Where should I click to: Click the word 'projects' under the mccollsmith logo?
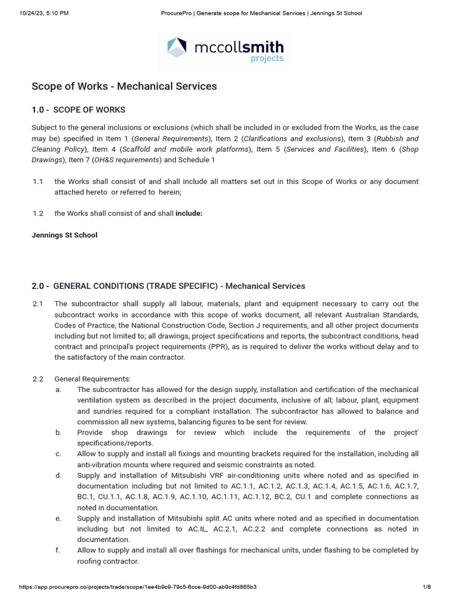click(267, 58)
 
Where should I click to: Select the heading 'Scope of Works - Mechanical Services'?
click(124, 86)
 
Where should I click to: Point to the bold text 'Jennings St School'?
click(64, 235)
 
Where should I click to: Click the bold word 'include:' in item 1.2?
click(189, 213)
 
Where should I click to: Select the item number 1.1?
click(38, 182)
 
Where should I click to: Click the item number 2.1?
click(38, 304)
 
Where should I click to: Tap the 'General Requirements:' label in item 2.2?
click(93, 379)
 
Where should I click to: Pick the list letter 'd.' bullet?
click(59, 475)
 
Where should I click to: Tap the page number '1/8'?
click(427, 587)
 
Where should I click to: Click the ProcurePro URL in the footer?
click(138, 587)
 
